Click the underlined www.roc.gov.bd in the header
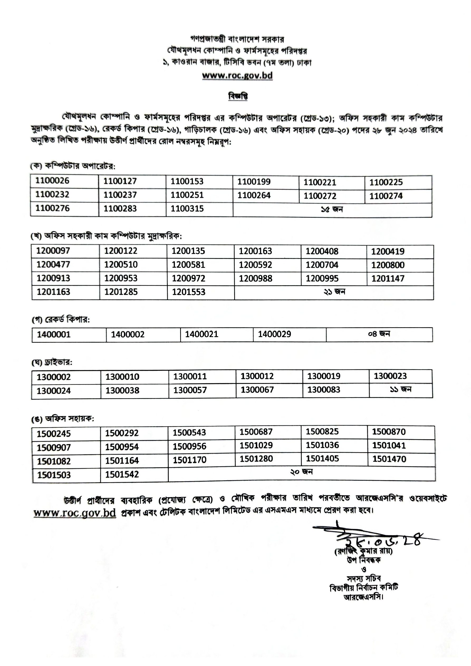(x=237, y=75)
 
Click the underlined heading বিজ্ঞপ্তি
(x=238, y=96)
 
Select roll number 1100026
(x=52, y=181)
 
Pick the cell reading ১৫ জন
(x=332, y=209)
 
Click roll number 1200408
(x=321, y=251)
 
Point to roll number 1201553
(x=188, y=292)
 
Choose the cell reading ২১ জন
(x=334, y=292)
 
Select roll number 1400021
(x=201, y=334)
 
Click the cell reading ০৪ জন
(x=379, y=334)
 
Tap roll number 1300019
(x=324, y=376)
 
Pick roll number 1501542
(x=122, y=475)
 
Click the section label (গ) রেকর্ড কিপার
(x=61, y=320)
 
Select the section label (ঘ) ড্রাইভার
(x=52, y=363)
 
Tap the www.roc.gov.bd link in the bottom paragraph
(x=75, y=513)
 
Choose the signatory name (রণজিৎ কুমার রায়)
(x=363, y=551)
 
